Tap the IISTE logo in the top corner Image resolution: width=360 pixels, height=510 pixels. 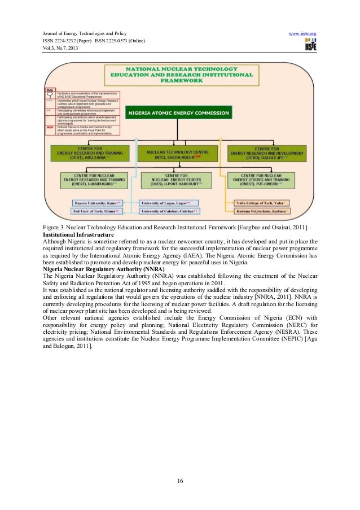pyautogui.click(x=309, y=46)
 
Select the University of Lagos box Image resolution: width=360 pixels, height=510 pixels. pyautogui.click(x=170, y=202)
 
